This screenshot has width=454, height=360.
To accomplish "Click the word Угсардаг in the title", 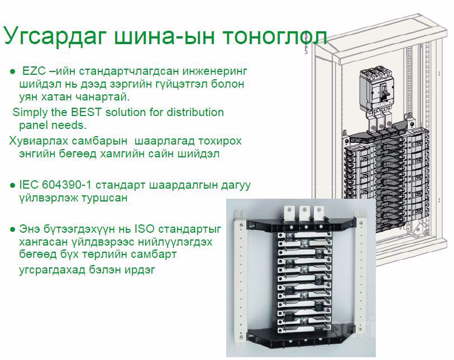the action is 54,36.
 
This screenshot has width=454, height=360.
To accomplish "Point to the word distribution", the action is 195,112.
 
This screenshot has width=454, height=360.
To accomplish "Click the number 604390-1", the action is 66,185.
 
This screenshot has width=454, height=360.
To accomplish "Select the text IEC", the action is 28,185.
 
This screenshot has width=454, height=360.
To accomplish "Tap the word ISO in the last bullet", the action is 145,229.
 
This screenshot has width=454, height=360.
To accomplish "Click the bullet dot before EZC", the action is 12,71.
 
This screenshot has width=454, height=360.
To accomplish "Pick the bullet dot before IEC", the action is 12,185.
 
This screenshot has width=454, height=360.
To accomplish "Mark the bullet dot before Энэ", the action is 12,229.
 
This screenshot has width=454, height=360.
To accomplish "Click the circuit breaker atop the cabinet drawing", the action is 377,90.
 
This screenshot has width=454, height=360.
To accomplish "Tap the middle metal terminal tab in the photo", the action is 304,214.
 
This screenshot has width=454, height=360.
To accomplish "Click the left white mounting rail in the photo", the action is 240,275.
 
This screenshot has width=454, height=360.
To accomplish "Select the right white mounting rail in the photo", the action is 361,275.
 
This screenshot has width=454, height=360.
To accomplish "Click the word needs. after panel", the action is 69,126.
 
